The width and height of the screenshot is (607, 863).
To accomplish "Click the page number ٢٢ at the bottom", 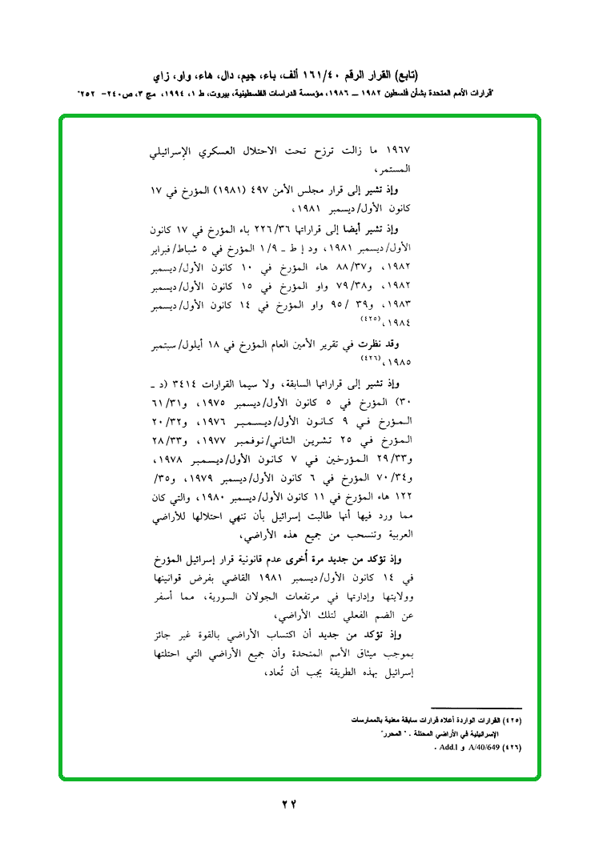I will coord(290,804).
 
